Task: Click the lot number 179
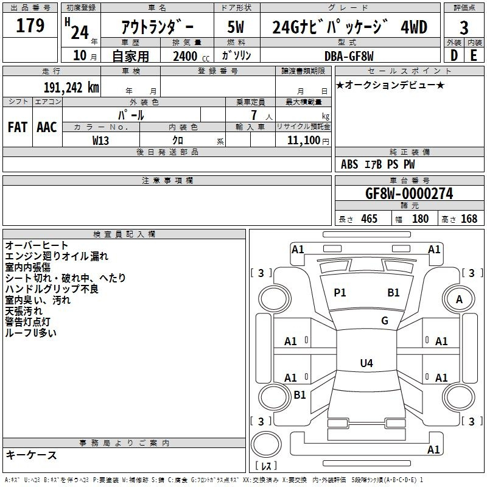30,25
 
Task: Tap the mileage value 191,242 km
71,88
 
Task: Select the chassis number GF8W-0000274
409,194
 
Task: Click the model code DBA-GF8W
349,56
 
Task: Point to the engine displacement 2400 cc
191,56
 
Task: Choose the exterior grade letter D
454,55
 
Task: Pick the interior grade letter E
474,55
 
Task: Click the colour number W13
100,141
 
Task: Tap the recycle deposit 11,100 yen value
308,141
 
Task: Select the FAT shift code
17,127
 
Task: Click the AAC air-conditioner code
47,127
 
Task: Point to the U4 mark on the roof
366,363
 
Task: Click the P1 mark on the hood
340,292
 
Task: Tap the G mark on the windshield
385,320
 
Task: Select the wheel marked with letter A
459,299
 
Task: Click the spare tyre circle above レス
266,444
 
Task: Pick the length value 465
370,219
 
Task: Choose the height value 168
469,219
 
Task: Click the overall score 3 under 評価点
464,28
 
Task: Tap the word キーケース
31,455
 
